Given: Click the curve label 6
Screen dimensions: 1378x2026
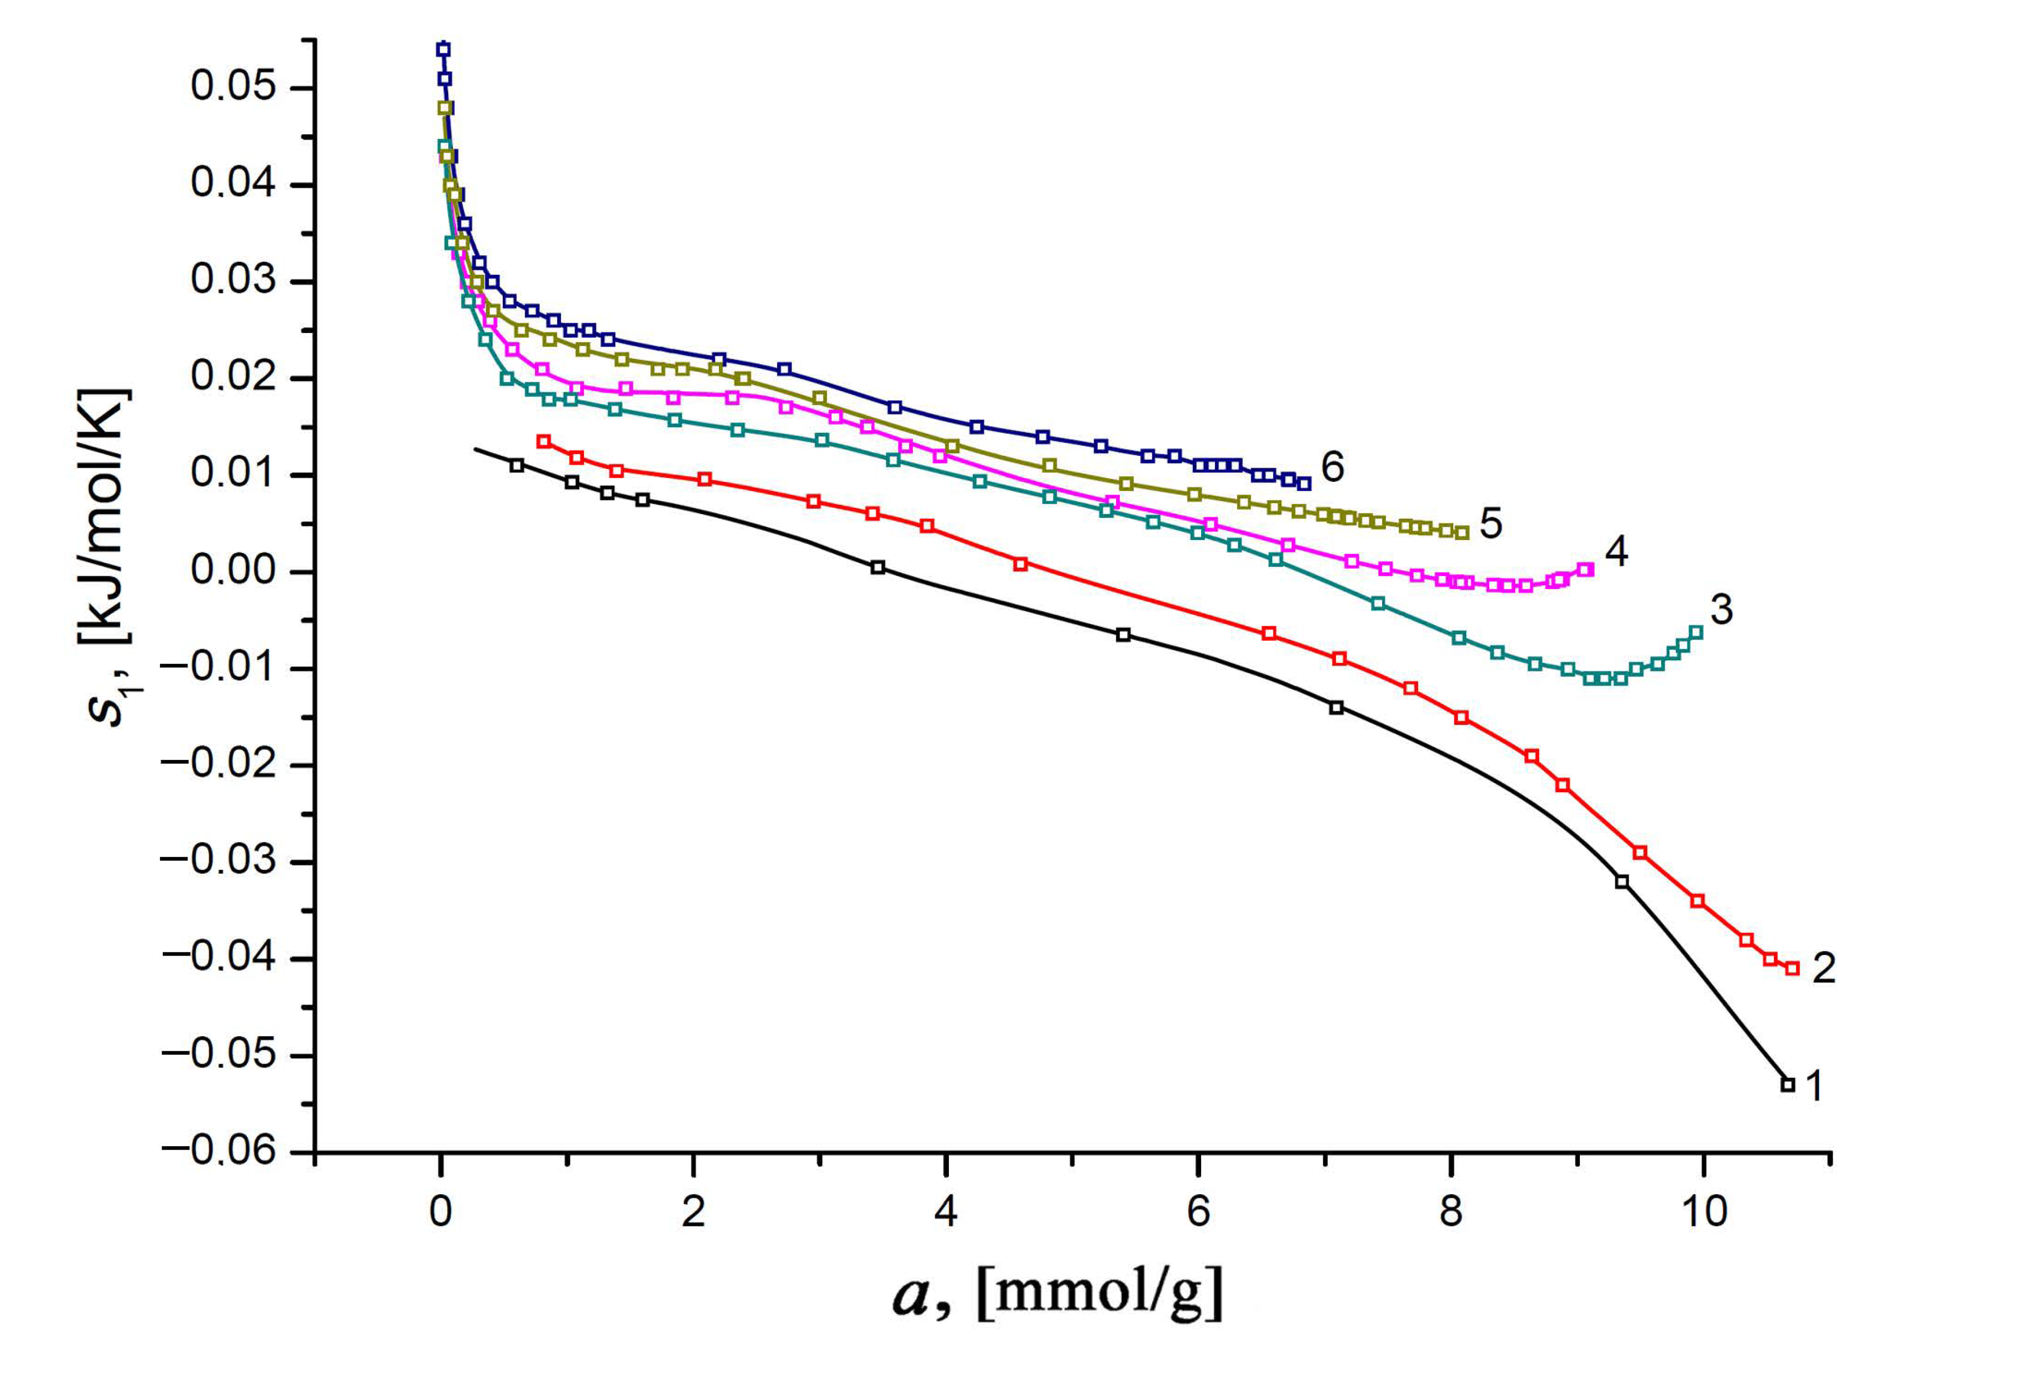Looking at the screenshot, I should pos(1332,467).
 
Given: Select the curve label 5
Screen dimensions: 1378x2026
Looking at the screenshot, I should pos(1491,523).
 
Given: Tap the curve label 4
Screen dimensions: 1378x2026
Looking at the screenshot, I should pos(1616,552).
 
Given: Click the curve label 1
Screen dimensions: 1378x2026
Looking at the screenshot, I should pos(1813,1086).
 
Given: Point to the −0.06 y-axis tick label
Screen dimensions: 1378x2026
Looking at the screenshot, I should pos(217,1151).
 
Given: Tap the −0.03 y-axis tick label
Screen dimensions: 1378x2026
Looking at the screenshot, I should pos(217,862).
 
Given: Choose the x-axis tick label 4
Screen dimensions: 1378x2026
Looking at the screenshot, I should pos(946,1213).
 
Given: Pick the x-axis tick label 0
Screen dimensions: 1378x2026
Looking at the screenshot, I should pos(441,1213).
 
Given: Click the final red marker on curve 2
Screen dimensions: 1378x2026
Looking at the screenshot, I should pos(1792,968).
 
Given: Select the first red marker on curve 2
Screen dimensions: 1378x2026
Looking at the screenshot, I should pos(544,441).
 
